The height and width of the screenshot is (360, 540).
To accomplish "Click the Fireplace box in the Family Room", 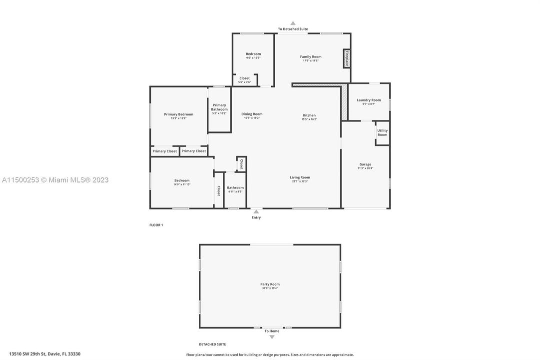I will pos(346,58).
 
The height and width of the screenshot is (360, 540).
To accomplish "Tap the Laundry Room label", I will pos(369,100).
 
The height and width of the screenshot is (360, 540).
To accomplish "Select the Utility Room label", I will pos(382,132).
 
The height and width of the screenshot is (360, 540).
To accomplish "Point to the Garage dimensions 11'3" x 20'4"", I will pos(365,168).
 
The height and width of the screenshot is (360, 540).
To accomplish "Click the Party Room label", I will pos(270,284).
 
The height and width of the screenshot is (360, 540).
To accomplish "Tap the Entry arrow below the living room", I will pos(256,211).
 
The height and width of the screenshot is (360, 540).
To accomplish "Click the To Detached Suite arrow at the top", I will pos(293,23).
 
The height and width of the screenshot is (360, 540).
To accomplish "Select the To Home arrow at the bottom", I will pos(272,337).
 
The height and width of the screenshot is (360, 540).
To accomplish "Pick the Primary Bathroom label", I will pos(219,107).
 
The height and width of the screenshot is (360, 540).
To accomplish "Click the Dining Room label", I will pos(252,114).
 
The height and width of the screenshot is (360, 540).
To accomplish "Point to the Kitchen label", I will pos(309,115).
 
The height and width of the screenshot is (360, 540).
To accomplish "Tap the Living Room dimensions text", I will pos(300,181).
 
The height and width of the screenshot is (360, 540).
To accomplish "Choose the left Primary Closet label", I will pos(165,151).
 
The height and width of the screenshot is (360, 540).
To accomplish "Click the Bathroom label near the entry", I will pos(235,187).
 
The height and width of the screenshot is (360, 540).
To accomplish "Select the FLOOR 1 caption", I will pos(156,225).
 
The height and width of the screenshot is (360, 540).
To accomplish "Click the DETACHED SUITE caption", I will pos(212,344).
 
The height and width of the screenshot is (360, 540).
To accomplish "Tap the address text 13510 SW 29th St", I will pos(44,353).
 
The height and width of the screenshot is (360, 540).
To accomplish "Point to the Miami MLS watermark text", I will pos(55,180).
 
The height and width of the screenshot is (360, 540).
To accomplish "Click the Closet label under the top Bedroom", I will pos(244,78).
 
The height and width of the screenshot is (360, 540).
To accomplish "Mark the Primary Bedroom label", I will pos(178,114).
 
